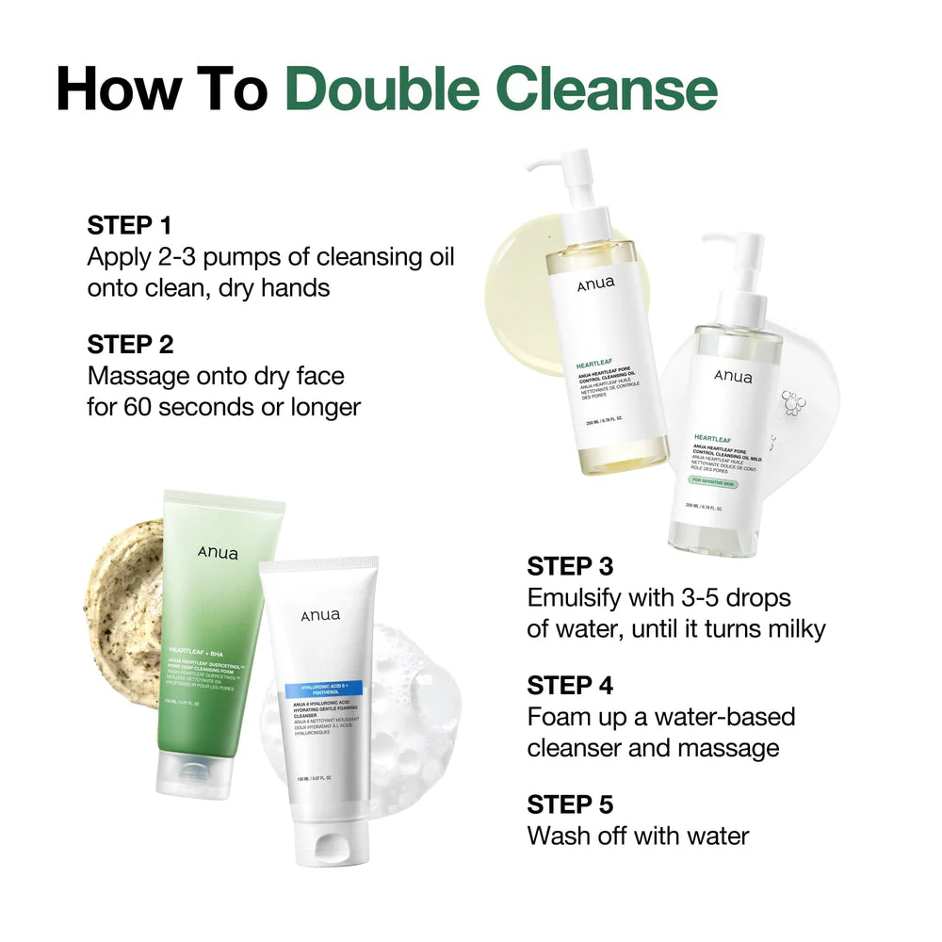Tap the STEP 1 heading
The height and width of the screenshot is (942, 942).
pyautogui.click(x=130, y=226)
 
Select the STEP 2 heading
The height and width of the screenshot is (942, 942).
pyautogui.click(x=130, y=344)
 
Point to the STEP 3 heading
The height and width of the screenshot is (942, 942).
pyautogui.click(x=570, y=566)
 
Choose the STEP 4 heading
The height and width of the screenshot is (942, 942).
pyautogui.click(x=570, y=685)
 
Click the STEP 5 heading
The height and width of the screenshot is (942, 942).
pyautogui.click(x=570, y=804)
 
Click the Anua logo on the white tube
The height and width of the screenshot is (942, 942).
pyautogui.click(x=320, y=616)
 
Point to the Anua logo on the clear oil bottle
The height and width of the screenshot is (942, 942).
pyautogui.click(x=733, y=377)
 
